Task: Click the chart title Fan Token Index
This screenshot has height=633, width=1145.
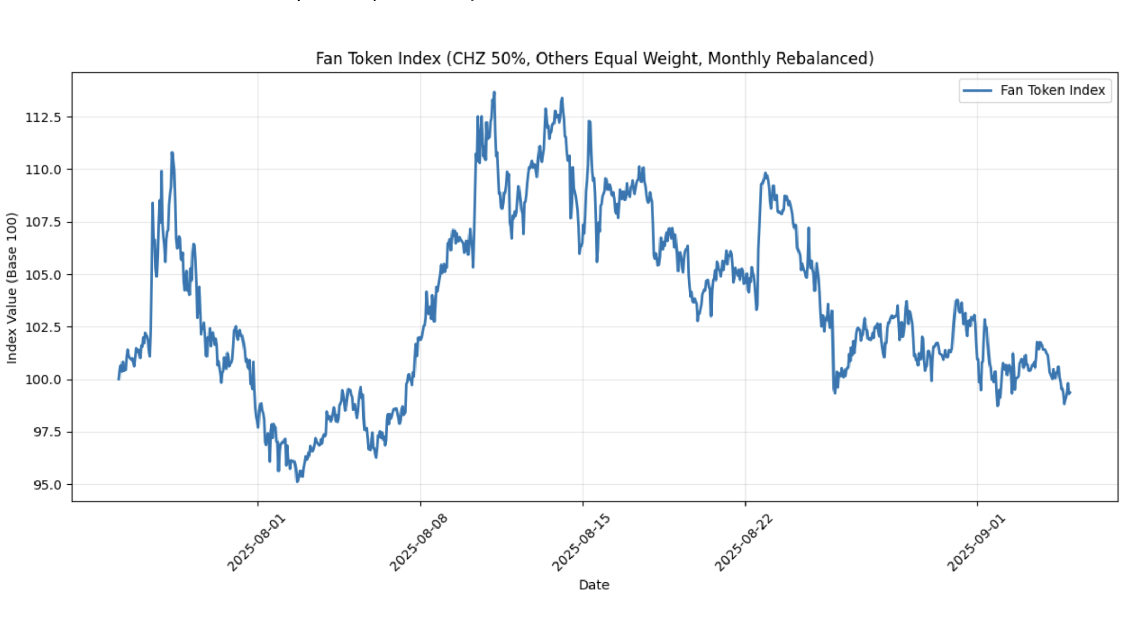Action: tap(594, 59)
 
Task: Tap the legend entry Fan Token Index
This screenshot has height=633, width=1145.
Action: tap(1052, 91)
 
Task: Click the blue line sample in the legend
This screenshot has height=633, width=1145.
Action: tap(977, 91)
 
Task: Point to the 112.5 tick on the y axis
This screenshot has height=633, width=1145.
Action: tap(43, 117)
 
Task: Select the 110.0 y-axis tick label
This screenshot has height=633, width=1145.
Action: tap(43, 170)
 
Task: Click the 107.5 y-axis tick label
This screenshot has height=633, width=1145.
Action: tap(43, 222)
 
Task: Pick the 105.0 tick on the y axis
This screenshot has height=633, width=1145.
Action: tap(43, 275)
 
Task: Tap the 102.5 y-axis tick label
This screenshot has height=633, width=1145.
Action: tap(43, 327)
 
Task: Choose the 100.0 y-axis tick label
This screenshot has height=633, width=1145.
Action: tap(43, 380)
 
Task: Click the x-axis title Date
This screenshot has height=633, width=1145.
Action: tap(594, 585)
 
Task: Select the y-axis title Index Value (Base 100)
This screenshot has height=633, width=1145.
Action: tap(12, 288)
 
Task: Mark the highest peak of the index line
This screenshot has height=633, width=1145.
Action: tap(494, 93)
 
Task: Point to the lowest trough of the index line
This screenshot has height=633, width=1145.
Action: tap(297, 481)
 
